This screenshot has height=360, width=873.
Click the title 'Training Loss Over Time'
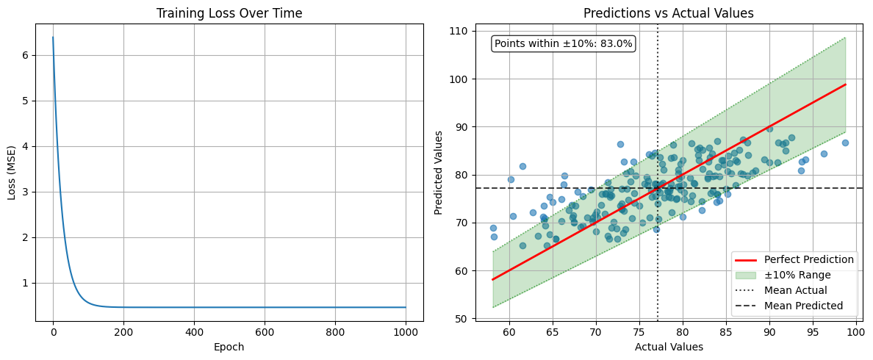229,13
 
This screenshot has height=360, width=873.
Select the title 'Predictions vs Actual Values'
668,13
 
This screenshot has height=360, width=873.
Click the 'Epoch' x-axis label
229,348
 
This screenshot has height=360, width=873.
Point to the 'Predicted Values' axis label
439,173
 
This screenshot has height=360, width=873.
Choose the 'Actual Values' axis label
669,348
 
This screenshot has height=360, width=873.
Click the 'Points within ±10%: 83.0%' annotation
563,44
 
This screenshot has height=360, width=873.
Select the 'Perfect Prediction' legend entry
808,259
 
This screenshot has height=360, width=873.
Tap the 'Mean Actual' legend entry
795,290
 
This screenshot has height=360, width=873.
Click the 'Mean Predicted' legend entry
803,306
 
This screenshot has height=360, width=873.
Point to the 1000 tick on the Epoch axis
406,332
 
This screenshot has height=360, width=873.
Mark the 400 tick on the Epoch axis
194,332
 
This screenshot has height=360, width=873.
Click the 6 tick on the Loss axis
24,55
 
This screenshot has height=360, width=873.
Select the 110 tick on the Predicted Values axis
459,31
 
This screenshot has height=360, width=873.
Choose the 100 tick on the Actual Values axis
855,332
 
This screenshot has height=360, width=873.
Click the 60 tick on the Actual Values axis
509,332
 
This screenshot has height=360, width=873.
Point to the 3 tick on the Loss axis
24,192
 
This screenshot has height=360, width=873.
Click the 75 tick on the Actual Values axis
639,332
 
